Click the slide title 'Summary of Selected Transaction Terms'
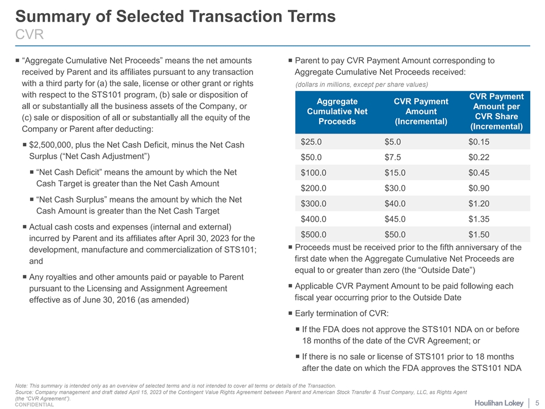click(175, 16)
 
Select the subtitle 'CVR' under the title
click(30, 35)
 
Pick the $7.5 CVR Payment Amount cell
click(394, 157)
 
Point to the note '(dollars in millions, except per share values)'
click(362, 85)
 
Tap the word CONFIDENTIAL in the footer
click(35, 405)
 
